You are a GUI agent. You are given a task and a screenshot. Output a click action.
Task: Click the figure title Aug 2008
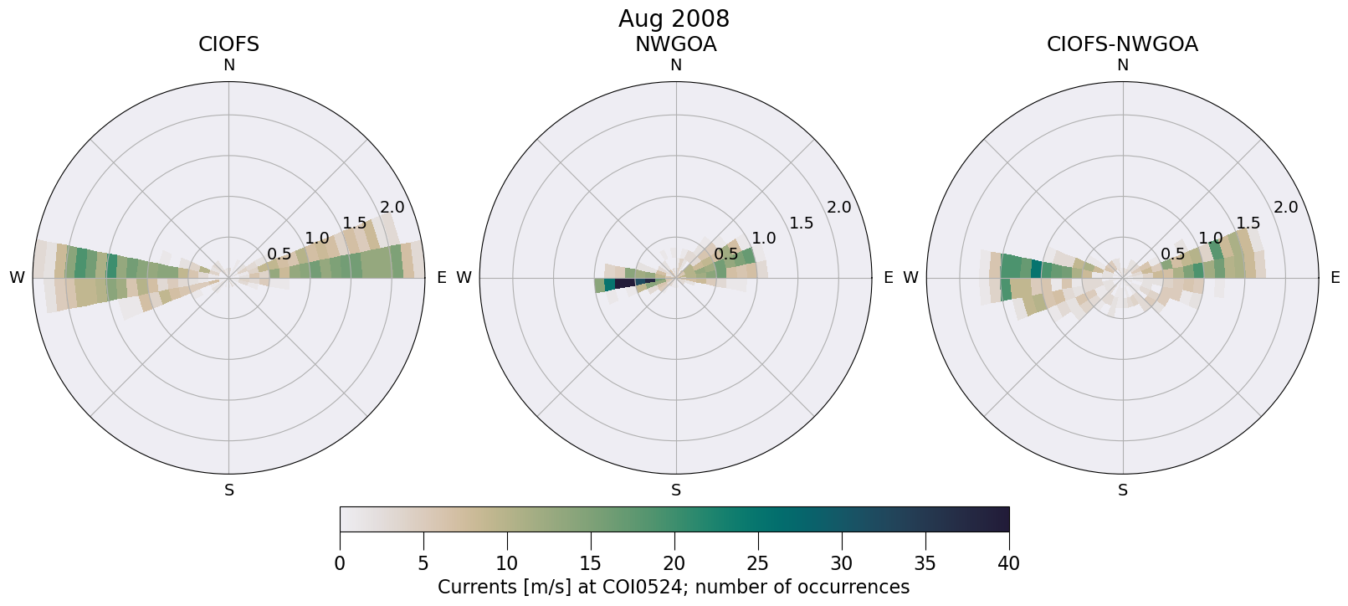pyautogui.click(x=674, y=18)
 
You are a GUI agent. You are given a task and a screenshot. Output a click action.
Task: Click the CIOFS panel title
pyautogui.click(x=228, y=44)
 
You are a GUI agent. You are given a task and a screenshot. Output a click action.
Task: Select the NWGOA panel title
pyautogui.click(x=675, y=44)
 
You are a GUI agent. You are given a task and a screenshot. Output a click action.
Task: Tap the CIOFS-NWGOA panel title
pyautogui.click(x=1122, y=44)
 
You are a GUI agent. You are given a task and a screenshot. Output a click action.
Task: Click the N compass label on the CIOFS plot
pyautogui.click(x=228, y=65)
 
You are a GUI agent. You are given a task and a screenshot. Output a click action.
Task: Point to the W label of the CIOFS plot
pyautogui.click(x=17, y=278)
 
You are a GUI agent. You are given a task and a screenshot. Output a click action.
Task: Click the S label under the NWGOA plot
pyautogui.click(x=676, y=490)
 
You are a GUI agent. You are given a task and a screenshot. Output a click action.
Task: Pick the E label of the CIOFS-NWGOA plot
pyautogui.click(x=1335, y=278)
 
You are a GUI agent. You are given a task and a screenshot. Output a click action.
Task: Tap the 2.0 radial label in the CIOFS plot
pyautogui.click(x=392, y=208)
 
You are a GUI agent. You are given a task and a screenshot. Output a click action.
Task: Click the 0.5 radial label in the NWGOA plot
pyautogui.click(x=726, y=254)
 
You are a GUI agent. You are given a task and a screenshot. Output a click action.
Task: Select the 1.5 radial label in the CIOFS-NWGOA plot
pyautogui.click(x=1248, y=223)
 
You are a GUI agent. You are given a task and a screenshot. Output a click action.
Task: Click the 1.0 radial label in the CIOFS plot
pyautogui.click(x=317, y=239)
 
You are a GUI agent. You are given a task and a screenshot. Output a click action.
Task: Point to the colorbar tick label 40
pyautogui.click(x=1008, y=564)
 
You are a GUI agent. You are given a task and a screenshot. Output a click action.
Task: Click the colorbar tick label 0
pyautogui.click(x=340, y=564)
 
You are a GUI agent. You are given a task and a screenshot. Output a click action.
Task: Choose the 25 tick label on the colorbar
pyautogui.click(x=758, y=564)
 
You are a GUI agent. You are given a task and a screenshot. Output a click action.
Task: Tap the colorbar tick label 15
pyautogui.click(x=591, y=564)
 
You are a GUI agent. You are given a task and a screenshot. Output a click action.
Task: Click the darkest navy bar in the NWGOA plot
pyautogui.click(x=625, y=284)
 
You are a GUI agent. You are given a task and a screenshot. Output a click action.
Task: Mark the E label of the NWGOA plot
pyautogui.click(x=888, y=278)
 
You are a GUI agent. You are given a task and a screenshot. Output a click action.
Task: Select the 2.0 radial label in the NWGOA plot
pyautogui.click(x=839, y=208)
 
